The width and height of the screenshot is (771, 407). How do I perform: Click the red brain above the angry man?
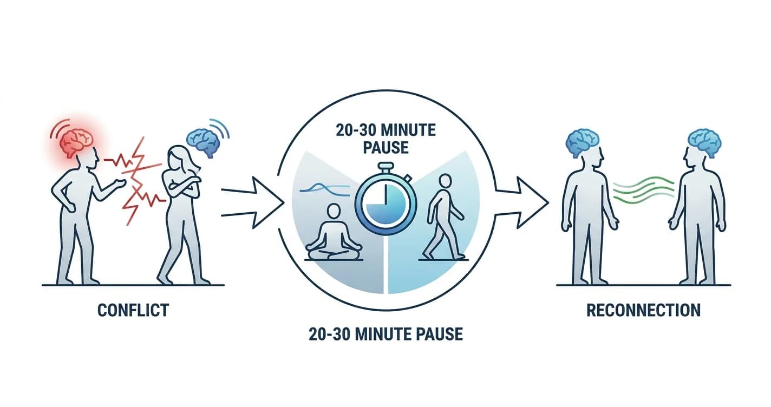click(x=76, y=142)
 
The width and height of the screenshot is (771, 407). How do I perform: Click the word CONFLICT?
click(x=133, y=310)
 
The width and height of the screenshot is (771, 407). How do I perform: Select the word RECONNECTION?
click(x=643, y=310)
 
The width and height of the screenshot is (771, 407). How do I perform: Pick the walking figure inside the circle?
click(x=443, y=216)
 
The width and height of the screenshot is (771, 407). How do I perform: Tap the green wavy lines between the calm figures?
click(x=644, y=189)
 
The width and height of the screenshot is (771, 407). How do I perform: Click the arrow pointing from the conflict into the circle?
click(x=253, y=202)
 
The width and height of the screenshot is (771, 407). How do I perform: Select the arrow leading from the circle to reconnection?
click(x=521, y=202)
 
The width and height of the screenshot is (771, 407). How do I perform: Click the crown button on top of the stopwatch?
click(x=386, y=167)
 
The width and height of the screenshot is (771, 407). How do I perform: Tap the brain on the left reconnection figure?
click(x=583, y=143)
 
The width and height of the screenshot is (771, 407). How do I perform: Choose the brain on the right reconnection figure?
click(x=704, y=143)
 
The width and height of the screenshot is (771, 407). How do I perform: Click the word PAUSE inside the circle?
click(x=386, y=148)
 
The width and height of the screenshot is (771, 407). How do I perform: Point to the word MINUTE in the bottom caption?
click(x=383, y=334)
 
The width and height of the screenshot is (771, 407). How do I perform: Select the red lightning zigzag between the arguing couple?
click(x=136, y=181)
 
